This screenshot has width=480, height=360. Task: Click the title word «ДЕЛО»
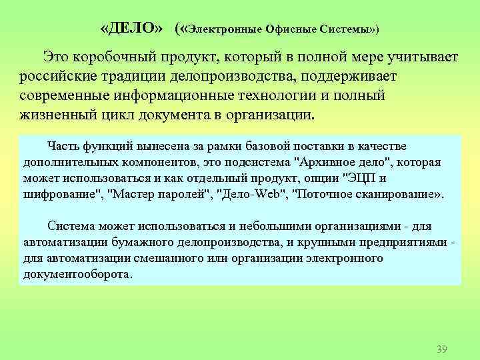[130, 30]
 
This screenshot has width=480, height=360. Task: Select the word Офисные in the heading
[289, 31]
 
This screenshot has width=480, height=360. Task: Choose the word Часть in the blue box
[66, 146]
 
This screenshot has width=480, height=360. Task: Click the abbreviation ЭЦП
[359, 178]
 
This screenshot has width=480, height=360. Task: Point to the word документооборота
[77, 274]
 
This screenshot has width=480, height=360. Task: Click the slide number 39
[441, 349]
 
